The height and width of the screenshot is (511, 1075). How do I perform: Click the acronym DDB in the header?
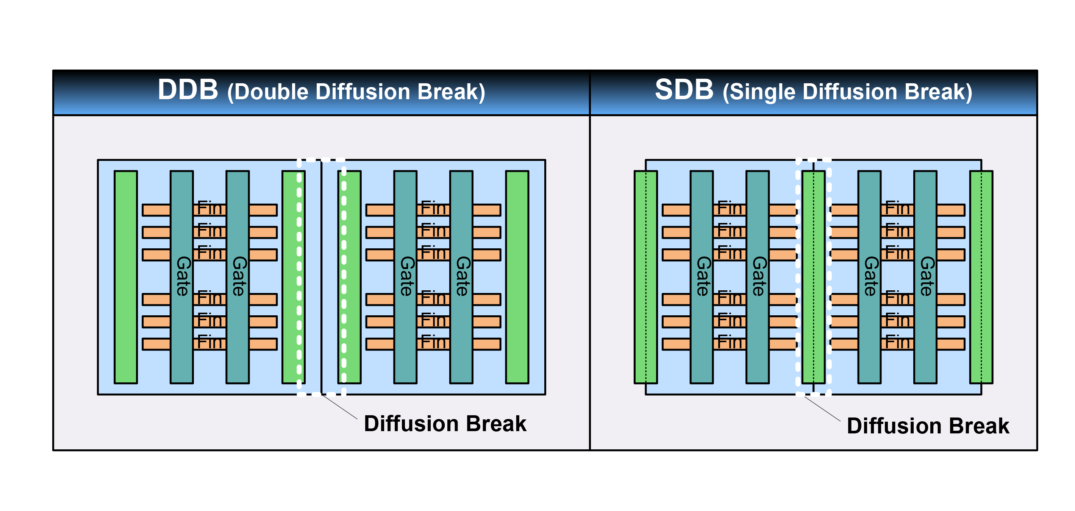188,90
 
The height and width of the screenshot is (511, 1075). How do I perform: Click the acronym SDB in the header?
684,90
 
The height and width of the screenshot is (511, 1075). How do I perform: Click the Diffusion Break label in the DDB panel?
445,424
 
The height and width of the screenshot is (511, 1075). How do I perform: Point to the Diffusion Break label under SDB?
928,425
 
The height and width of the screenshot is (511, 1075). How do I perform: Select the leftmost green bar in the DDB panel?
126,277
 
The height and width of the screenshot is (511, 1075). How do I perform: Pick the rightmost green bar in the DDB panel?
517,277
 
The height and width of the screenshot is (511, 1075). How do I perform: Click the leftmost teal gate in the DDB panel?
181,277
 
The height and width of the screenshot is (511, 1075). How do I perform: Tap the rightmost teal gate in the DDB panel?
461,277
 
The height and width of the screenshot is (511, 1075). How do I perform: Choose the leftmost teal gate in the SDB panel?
702,277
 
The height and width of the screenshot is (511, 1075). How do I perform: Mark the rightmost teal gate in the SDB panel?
925,277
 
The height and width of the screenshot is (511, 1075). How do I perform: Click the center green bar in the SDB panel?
813,277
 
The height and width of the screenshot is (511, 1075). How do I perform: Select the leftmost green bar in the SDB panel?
645,277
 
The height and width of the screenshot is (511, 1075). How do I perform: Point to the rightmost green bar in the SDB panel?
981,277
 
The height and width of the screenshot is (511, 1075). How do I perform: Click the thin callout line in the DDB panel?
339,406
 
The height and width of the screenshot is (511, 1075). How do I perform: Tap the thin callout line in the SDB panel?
822,408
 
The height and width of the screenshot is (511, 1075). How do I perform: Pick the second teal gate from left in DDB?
237,277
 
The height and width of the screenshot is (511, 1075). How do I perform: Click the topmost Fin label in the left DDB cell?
210,208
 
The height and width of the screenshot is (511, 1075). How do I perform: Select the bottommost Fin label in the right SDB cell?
898,342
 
